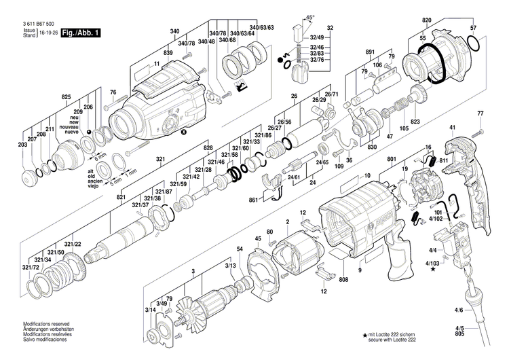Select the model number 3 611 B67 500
38,24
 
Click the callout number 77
480,113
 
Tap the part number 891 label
370,52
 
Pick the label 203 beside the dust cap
23,145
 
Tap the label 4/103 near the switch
433,262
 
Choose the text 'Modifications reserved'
48,324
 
